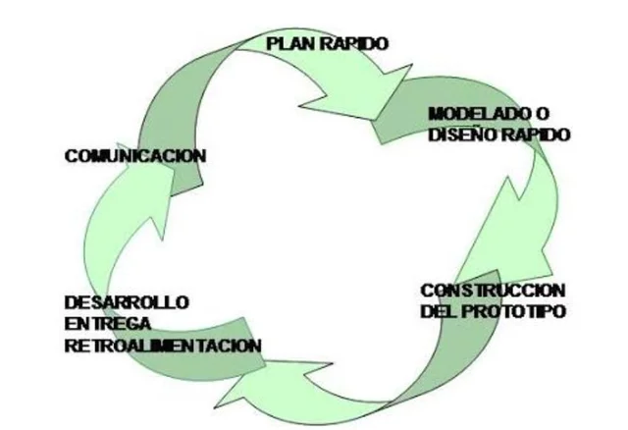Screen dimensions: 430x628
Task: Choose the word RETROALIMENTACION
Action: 163,346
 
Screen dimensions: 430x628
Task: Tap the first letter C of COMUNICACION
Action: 70,155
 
